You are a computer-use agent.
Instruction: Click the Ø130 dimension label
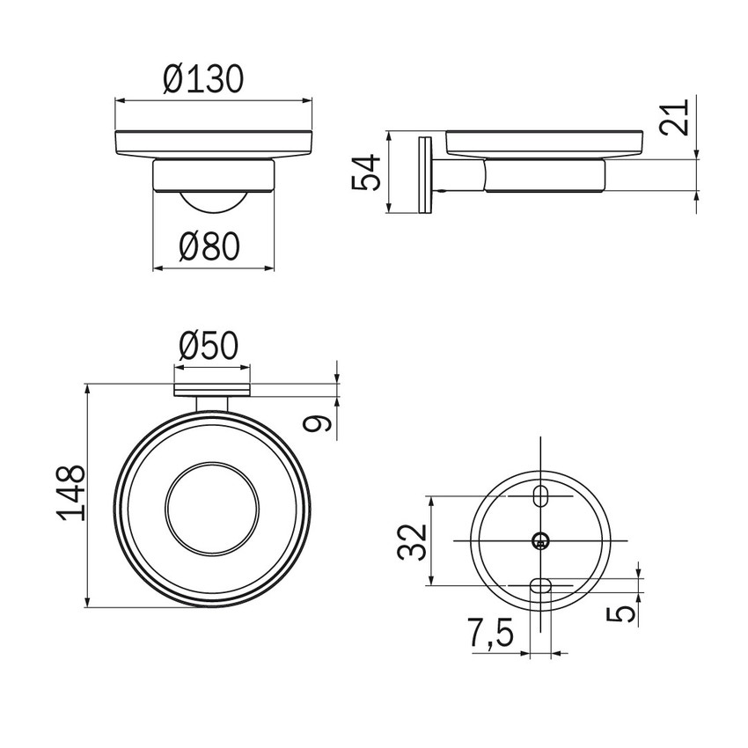tap(202, 80)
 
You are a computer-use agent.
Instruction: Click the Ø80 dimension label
tap(209, 247)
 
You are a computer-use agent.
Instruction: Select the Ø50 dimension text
tap(208, 346)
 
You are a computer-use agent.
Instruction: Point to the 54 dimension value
tap(365, 172)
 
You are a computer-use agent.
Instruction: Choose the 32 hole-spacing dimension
tap(412, 541)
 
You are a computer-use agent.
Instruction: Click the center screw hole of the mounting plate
tap(540, 540)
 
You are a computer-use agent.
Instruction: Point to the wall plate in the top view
tap(212, 390)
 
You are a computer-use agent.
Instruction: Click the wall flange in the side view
tap(427, 173)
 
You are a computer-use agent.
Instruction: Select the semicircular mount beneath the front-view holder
tap(212, 201)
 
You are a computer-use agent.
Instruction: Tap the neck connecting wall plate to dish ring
tap(212, 405)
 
